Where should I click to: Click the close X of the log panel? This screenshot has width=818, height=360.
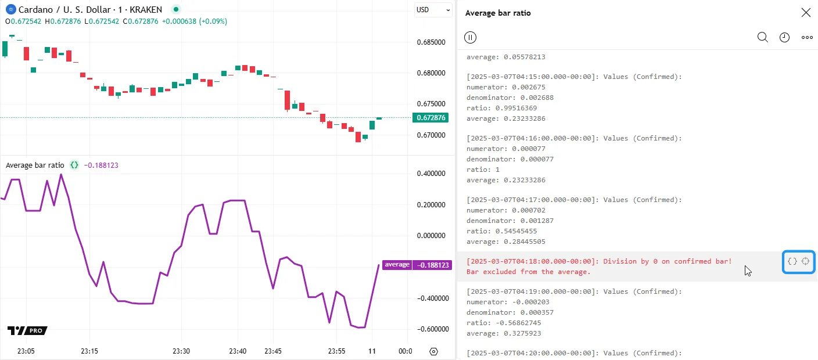click(x=806, y=13)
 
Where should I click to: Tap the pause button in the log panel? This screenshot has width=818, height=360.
click(x=471, y=37)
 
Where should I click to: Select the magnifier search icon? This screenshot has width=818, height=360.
click(x=763, y=37)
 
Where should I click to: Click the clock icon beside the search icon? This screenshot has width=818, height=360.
click(x=784, y=37)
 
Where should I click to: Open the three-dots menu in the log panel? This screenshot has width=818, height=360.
click(x=807, y=37)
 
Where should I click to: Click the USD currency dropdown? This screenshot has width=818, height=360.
click(x=433, y=10)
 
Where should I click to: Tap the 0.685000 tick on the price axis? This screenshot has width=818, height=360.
click(x=431, y=42)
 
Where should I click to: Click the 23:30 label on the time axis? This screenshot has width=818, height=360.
click(x=181, y=351)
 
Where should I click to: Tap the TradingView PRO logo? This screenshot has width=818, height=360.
click(x=27, y=330)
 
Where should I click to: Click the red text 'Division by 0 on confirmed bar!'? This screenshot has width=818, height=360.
click(x=668, y=261)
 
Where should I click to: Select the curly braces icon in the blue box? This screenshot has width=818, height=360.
click(x=792, y=261)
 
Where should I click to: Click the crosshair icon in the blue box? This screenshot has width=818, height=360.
click(x=806, y=261)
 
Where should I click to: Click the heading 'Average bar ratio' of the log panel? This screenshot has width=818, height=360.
click(x=498, y=13)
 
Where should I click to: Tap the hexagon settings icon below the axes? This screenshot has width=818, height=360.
click(x=433, y=351)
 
